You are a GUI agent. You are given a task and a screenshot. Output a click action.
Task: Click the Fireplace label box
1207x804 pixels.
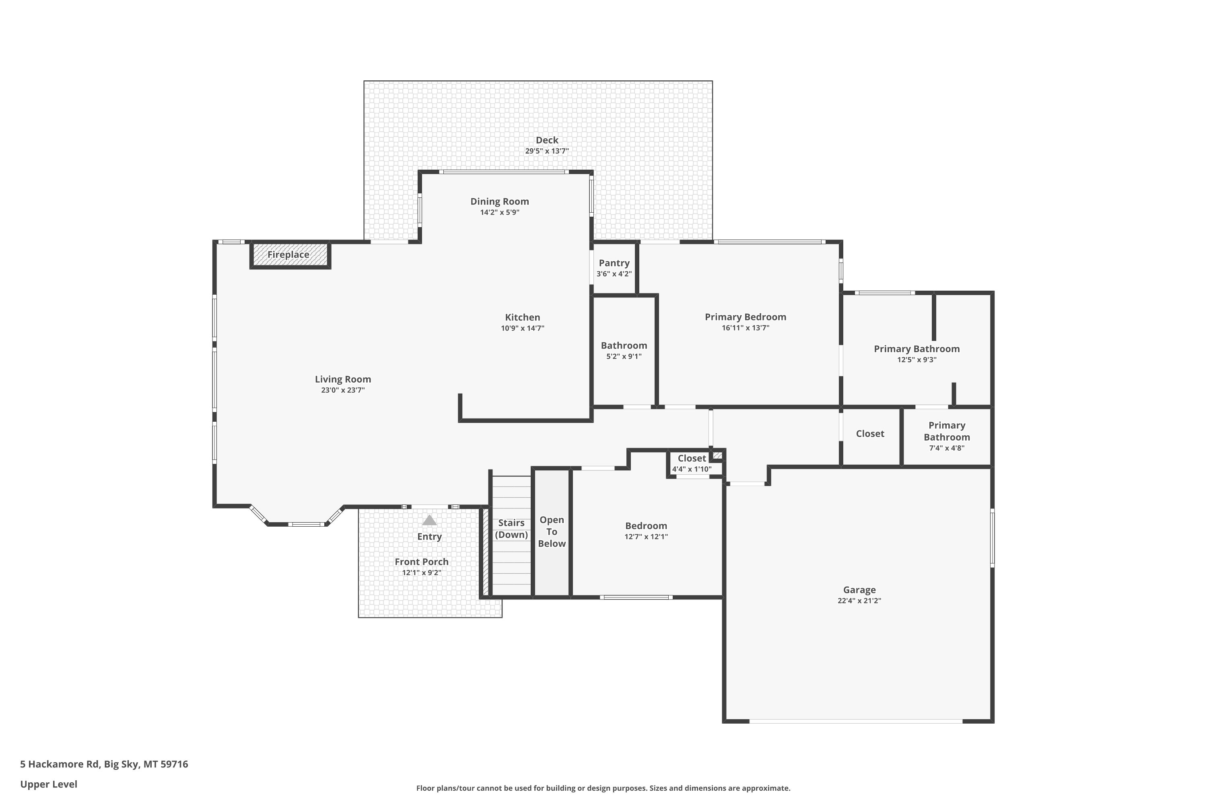(288, 255)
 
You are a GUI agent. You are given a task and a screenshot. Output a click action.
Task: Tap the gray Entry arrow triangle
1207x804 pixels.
(430, 521)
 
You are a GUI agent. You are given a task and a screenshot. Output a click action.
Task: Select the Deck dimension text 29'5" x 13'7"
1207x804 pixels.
(547, 151)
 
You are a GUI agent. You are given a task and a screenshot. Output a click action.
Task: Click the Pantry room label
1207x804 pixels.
(614, 263)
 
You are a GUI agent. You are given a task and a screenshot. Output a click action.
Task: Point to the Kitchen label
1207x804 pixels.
(522, 318)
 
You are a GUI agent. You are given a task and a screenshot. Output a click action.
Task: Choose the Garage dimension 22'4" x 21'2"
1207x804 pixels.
(859, 601)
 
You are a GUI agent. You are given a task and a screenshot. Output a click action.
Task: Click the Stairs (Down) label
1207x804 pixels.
(512, 529)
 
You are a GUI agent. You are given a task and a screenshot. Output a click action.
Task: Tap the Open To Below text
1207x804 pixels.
(552, 532)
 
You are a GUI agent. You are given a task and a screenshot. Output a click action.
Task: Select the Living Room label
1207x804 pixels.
(343, 379)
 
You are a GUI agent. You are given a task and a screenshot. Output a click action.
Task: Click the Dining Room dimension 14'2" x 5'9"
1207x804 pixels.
(500, 212)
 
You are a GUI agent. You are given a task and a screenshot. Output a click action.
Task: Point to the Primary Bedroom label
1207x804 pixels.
(746, 317)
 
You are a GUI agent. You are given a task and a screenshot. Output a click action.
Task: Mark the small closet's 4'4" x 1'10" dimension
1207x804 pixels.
(692, 469)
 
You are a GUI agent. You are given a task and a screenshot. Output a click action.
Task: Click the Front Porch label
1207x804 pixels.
(421, 562)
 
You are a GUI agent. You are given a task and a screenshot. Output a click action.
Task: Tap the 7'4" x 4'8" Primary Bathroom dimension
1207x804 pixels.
(947, 448)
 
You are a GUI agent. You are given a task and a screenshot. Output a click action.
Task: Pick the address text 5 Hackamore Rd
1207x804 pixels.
(60, 764)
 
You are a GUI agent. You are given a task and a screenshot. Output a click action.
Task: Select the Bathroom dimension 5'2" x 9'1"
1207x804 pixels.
(624, 356)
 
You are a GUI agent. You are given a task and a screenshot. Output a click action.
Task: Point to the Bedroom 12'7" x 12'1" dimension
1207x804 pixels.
(646, 537)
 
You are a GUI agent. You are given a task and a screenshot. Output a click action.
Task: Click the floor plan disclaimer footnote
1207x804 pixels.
(603, 788)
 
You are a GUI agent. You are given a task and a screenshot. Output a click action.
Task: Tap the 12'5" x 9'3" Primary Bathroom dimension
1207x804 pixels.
(917, 360)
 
